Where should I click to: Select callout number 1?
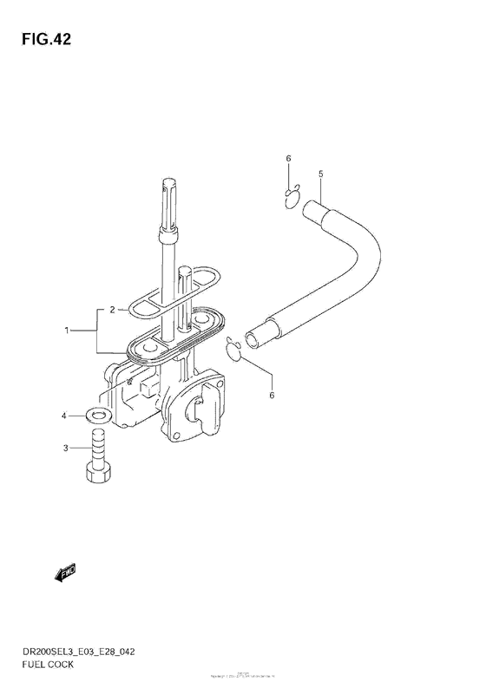(65, 331)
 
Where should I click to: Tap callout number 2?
(112, 309)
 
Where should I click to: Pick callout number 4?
(63, 417)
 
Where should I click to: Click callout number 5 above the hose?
(320, 175)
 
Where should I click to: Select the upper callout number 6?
(288, 158)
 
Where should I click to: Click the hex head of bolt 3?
(95, 474)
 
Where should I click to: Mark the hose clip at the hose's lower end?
(235, 348)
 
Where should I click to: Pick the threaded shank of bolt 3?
(95, 448)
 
